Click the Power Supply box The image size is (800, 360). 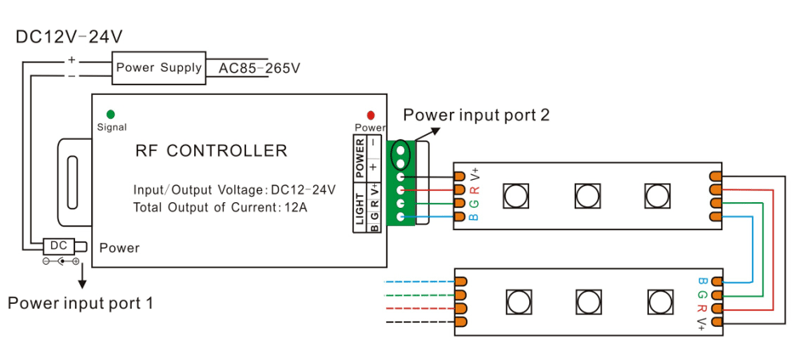[x=157, y=69]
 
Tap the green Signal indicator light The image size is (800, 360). [x=110, y=114]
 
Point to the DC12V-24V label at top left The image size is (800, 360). [x=69, y=37]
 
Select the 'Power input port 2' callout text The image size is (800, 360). [x=476, y=115]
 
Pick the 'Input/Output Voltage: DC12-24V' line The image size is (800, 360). [x=234, y=189]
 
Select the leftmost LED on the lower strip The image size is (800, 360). [x=519, y=302]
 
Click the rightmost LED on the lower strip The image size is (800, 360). [x=657, y=302]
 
